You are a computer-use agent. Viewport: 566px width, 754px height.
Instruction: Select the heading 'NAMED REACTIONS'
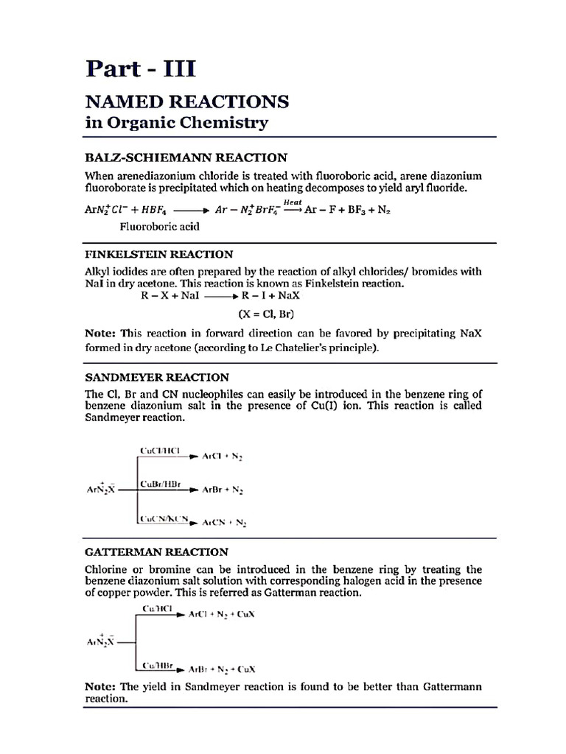(x=187, y=101)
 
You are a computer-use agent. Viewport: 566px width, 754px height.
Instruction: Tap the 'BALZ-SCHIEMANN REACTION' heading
(x=186, y=157)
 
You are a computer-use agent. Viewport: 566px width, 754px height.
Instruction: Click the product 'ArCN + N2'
(x=224, y=523)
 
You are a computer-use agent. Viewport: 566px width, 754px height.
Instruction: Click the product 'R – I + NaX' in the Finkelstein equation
(x=270, y=295)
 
